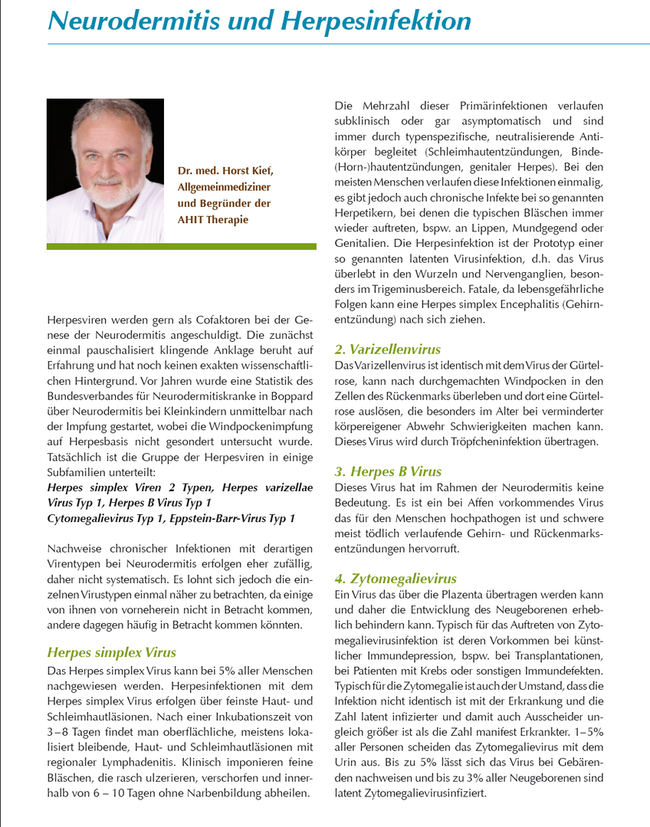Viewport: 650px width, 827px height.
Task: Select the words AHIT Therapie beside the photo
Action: click(213, 219)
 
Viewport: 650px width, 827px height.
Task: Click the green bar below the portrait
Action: click(181, 247)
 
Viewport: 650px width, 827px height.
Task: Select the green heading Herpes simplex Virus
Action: click(111, 653)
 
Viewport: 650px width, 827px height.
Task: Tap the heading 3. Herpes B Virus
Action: click(388, 471)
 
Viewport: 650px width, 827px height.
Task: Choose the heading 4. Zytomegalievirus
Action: click(396, 579)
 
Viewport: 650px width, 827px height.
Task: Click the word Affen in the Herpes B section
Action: click(481, 502)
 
